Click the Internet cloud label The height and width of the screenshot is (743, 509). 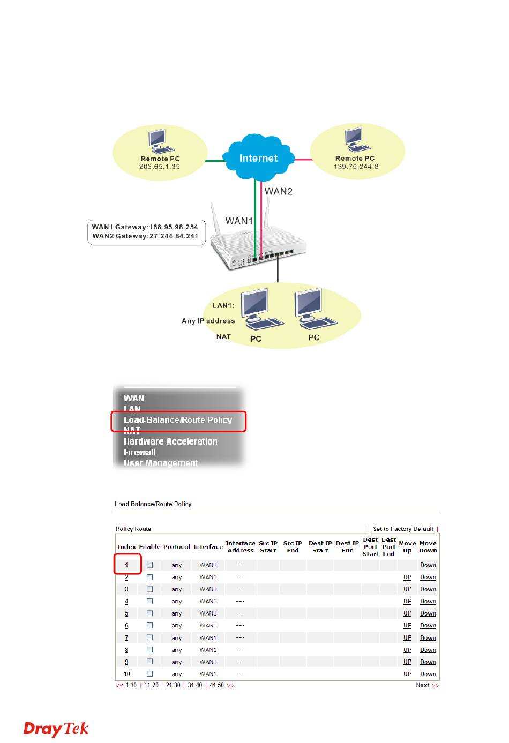click(x=258, y=158)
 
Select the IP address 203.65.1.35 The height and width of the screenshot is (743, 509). click(x=160, y=167)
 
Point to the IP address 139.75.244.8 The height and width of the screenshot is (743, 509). click(x=356, y=167)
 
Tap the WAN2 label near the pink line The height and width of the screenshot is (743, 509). click(x=278, y=191)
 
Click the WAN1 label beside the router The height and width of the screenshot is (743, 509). click(x=239, y=221)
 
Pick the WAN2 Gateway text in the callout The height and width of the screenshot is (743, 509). click(x=145, y=236)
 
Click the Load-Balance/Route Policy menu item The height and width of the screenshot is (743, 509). click(x=178, y=420)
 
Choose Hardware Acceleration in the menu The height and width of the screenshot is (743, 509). click(x=170, y=441)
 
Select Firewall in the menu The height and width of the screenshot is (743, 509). click(x=139, y=452)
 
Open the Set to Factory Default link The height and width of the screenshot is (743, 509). click(x=403, y=529)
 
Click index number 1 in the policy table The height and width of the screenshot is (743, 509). click(x=126, y=565)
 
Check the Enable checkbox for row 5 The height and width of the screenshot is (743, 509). click(x=150, y=613)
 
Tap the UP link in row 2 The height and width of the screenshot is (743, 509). click(x=407, y=577)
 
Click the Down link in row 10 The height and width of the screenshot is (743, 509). click(x=428, y=674)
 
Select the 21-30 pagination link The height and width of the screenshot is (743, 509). click(x=173, y=685)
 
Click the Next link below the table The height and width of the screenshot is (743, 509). click(x=423, y=685)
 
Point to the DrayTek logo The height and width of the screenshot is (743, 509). click(x=56, y=729)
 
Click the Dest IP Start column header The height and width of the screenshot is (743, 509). click(x=320, y=546)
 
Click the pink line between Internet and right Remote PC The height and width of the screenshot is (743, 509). click(x=303, y=160)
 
